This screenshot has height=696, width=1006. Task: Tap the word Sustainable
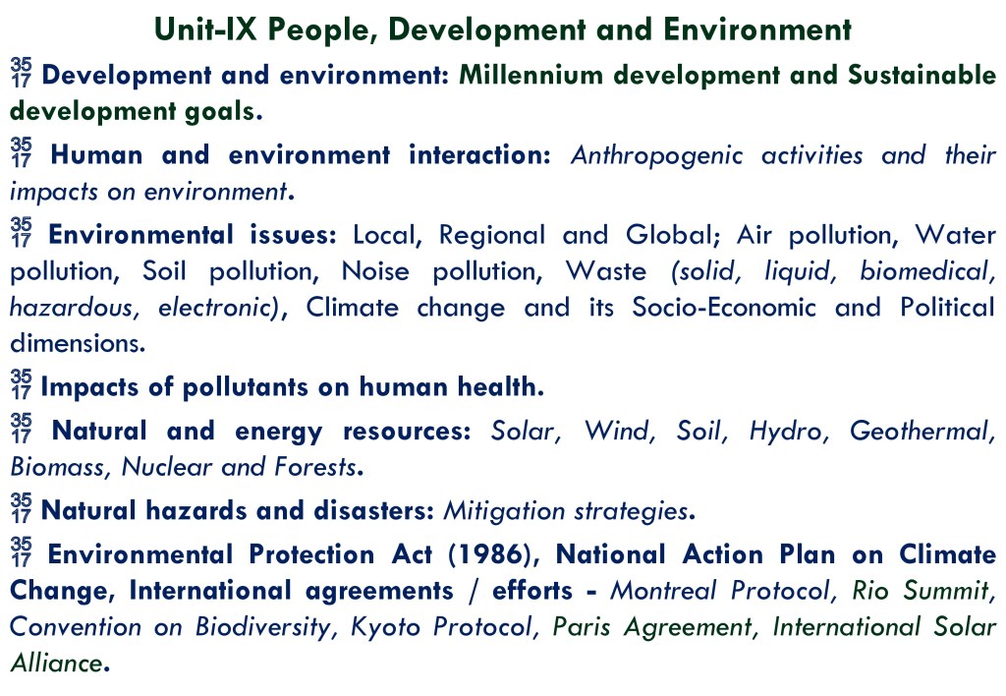[922, 75]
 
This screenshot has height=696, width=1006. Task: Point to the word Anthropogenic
[656, 156]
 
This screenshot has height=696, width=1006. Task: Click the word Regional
[491, 236]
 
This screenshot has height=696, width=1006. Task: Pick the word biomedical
[926, 271]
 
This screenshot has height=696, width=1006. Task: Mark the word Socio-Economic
[724, 308]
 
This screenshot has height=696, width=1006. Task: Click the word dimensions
[77, 343]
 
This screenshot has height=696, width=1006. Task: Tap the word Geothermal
[922, 432]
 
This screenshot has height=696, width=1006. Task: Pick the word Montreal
[663, 591]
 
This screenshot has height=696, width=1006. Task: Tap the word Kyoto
[385, 627]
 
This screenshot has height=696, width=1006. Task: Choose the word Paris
[582, 627]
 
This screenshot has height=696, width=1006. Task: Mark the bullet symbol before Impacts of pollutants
[21, 384]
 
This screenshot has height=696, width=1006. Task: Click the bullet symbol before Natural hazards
[21, 508]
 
